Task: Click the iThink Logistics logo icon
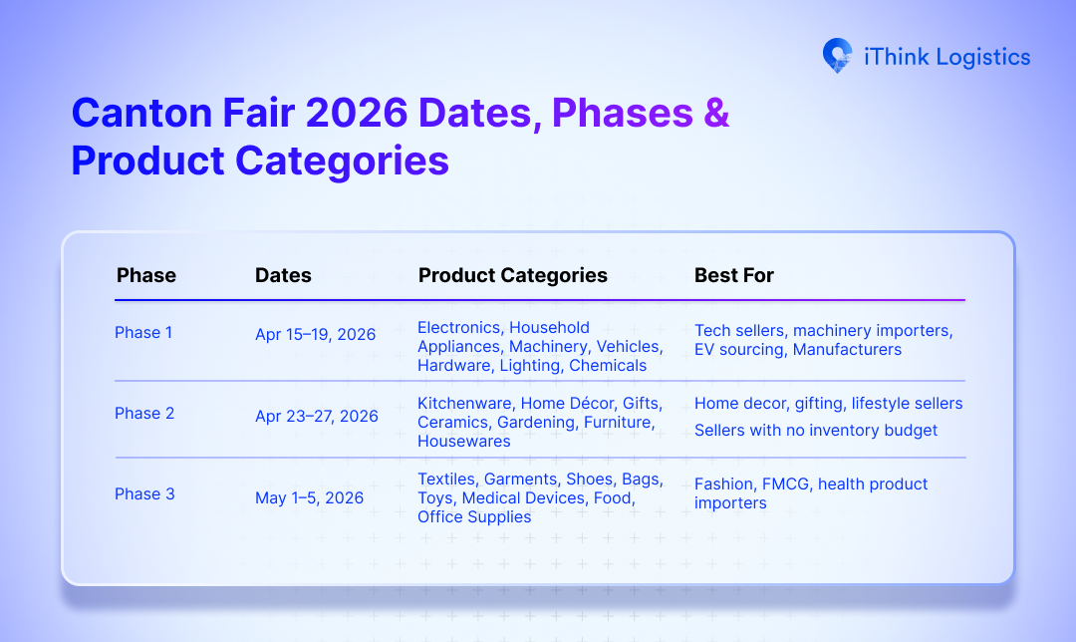tap(837, 56)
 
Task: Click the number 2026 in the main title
tap(356, 114)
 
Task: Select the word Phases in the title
tap(622, 114)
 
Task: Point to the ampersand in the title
tap(716, 114)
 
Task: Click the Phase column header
tap(145, 275)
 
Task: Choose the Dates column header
tap(283, 275)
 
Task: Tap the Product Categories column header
tap(512, 275)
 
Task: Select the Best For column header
tap(733, 275)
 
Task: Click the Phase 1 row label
tap(143, 333)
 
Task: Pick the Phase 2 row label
tap(144, 414)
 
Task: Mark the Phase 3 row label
tap(144, 494)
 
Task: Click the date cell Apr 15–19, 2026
tap(315, 335)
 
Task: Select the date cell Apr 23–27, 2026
tap(316, 416)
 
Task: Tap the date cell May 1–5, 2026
tap(309, 497)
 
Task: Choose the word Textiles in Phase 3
tap(447, 480)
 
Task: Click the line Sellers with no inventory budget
tap(816, 431)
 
